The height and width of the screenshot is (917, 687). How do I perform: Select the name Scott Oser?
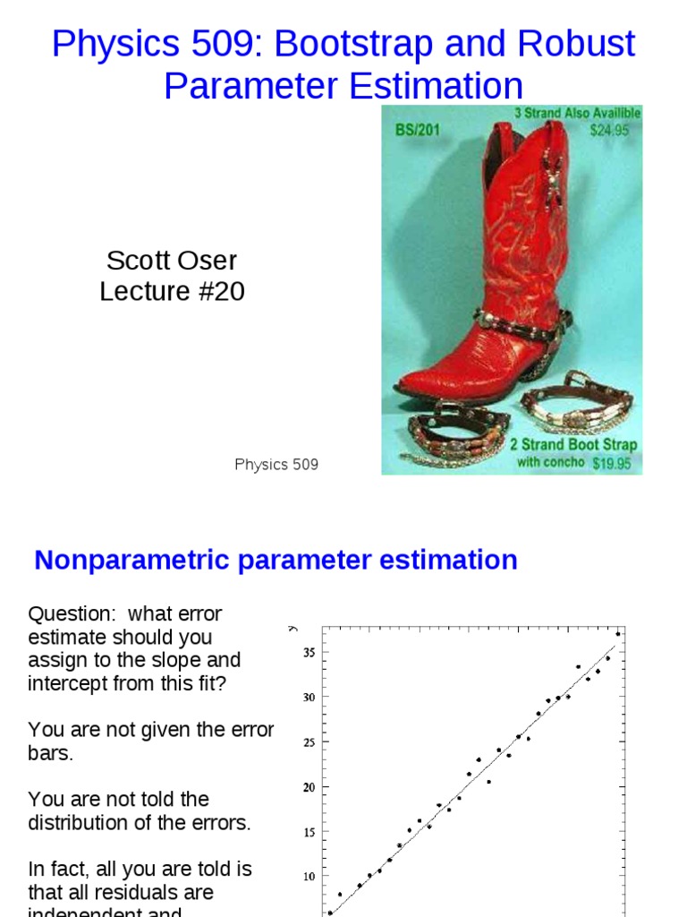[x=172, y=261]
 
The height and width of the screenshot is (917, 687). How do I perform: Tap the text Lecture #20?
[x=172, y=292]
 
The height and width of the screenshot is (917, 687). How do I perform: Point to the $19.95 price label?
[x=612, y=463]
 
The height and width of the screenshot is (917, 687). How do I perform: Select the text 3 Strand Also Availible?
[x=577, y=114]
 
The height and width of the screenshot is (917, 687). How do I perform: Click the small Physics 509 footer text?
[x=276, y=464]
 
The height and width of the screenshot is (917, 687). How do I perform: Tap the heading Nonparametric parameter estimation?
[x=276, y=561]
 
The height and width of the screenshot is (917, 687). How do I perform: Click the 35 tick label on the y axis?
[x=309, y=653]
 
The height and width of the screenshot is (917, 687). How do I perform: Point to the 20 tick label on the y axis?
[x=309, y=787]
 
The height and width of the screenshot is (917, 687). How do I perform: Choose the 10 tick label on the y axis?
[x=309, y=877]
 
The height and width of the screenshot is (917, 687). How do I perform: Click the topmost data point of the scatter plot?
[x=618, y=634]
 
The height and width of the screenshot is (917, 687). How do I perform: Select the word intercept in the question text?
[x=66, y=683]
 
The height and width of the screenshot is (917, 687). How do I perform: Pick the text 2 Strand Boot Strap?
[x=573, y=445]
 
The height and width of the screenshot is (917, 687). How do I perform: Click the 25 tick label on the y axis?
[x=309, y=742]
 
